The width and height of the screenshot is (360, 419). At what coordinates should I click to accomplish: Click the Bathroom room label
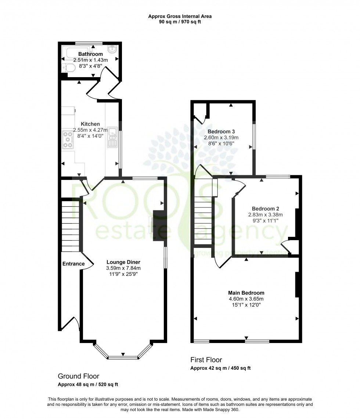90,54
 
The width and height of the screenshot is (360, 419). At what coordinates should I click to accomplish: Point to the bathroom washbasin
111,49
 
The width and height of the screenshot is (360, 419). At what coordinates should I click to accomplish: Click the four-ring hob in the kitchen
68,140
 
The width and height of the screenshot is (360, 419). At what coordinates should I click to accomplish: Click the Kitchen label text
90,124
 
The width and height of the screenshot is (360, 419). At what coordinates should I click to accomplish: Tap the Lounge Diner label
123,262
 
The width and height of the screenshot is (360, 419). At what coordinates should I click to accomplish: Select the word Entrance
73,264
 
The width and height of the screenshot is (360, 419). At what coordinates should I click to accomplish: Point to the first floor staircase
203,220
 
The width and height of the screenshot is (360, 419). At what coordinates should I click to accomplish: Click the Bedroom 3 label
221,131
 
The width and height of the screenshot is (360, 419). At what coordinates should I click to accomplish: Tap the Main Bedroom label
246,293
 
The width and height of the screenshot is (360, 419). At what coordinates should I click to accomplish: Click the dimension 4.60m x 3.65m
246,299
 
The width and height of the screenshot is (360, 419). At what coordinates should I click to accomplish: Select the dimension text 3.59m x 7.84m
123,268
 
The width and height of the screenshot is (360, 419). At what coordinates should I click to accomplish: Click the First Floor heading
206,360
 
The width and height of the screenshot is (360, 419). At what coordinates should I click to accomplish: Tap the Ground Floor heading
78,376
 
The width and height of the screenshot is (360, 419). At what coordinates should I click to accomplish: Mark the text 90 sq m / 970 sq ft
180,22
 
